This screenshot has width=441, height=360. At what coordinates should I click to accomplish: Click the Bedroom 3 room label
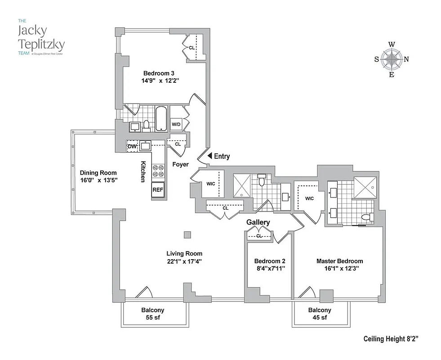(x=159, y=73)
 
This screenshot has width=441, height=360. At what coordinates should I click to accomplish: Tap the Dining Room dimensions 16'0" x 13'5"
(x=98, y=180)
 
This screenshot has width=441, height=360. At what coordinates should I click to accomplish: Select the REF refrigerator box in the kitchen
(x=158, y=190)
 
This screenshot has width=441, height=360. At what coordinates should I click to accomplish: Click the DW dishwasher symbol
(x=132, y=146)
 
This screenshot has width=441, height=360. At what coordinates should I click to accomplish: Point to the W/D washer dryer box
(x=176, y=124)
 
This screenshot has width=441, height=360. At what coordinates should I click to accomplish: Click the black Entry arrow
(x=209, y=156)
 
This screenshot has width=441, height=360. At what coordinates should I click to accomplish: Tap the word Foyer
(x=180, y=164)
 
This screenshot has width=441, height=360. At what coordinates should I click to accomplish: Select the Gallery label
(x=258, y=222)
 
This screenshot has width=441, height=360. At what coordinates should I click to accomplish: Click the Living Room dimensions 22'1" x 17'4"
(x=184, y=261)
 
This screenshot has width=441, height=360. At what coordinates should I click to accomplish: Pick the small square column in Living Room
(x=187, y=234)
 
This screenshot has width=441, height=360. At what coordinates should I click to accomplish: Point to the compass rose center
(x=392, y=59)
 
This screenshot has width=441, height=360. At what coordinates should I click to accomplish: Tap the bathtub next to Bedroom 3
(x=161, y=118)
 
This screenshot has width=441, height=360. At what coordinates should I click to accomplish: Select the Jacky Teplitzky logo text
(x=40, y=38)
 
